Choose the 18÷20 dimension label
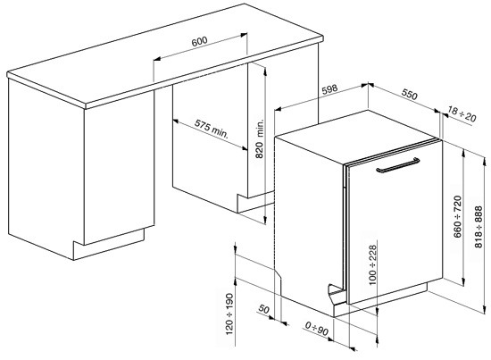coord(462,112)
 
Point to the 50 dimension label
coord(264,310)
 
